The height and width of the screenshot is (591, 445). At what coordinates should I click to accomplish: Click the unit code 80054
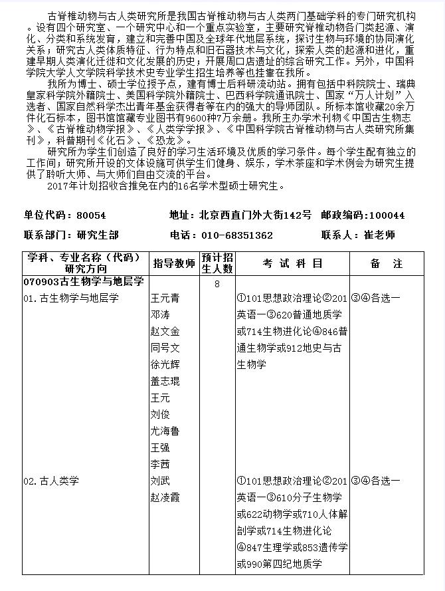tap(92, 215)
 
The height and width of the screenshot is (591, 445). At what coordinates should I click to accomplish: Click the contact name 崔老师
tap(379, 235)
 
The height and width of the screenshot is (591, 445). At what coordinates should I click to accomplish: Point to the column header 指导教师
tap(174, 263)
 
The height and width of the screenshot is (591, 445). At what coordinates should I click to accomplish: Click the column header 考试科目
tap(292, 263)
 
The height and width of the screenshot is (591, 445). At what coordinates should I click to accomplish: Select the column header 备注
tap(387, 263)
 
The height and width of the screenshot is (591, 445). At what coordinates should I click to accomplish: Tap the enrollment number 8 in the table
tap(217, 285)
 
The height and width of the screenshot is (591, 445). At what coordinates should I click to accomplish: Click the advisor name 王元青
tap(165, 298)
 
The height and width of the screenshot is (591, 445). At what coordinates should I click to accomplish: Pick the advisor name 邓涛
tap(159, 314)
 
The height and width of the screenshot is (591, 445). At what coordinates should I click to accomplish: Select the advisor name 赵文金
tap(165, 331)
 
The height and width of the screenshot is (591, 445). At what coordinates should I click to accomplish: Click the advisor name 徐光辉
tap(165, 364)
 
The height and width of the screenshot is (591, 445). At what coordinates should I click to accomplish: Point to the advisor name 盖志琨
tap(165, 381)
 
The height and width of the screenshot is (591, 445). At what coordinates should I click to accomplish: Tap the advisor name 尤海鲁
tap(165, 431)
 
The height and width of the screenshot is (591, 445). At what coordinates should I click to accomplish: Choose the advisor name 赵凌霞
tap(165, 497)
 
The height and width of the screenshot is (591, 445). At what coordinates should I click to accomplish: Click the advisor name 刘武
tap(159, 481)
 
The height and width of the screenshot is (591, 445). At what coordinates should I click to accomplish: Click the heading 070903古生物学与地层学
tap(84, 282)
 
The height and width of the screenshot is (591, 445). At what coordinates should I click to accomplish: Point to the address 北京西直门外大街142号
tap(255, 215)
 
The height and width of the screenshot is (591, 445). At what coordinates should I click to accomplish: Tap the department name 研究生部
tap(98, 235)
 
